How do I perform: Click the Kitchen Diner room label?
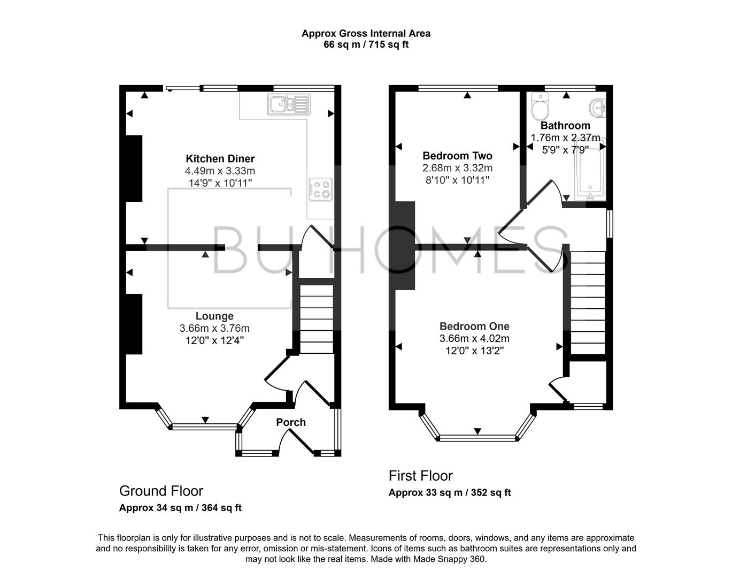[220, 158]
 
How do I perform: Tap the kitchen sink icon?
[289, 104]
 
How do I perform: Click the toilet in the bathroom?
[540, 108]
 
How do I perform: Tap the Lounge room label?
[214, 316]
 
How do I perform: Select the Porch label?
[291, 422]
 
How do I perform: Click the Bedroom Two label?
[457, 156]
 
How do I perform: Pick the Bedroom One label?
[474, 326]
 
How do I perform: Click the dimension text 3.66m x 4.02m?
[474, 338]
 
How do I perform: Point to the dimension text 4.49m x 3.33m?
[220, 171]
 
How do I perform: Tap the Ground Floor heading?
[161, 491]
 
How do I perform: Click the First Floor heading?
[420, 476]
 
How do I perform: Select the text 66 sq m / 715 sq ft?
[366, 44]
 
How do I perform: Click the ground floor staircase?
[315, 316]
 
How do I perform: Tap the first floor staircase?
[588, 302]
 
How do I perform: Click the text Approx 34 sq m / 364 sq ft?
[180, 508]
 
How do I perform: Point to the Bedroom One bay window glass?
[477, 438]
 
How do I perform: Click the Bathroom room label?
[565, 126]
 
